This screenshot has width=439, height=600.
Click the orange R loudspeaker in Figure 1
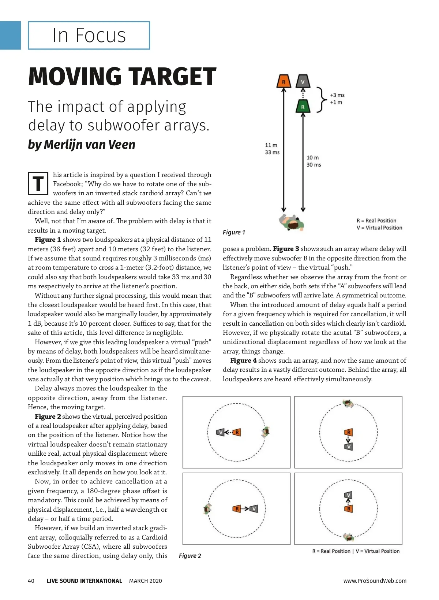[284, 81]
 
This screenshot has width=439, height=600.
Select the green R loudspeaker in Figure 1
[303, 106]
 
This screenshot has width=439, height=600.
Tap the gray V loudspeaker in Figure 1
[303, 81]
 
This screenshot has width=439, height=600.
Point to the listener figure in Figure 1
[292, 222]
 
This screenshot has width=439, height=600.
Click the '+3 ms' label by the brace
[337, 95]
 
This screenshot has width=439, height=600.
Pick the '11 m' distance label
[271, 145]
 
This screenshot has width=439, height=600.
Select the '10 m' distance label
[312, 158]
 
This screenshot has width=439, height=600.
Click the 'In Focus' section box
[89, 36]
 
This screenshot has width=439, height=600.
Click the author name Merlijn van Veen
[89, 145]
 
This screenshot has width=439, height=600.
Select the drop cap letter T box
[38, 183]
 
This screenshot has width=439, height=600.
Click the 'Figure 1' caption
[234, 232]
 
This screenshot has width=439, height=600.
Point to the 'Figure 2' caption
[190, 556]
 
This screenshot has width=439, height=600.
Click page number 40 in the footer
[31, 581]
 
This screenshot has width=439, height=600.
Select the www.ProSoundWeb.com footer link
[375, 581]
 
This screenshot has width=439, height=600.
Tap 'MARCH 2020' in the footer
[145, 581]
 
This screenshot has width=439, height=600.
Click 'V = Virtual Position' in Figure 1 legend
[379, 228]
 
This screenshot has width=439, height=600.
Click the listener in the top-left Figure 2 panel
[266, 432]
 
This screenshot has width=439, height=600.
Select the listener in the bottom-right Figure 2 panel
[348, 537]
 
